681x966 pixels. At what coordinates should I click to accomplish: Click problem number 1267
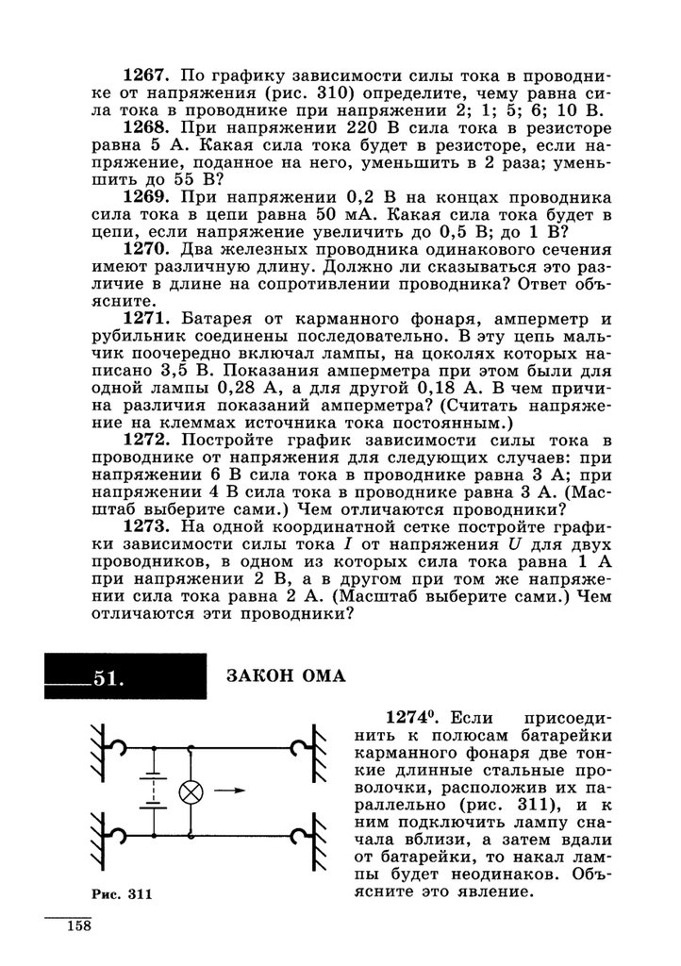[148, 74]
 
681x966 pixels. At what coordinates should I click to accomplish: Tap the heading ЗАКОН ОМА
[287, 675]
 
